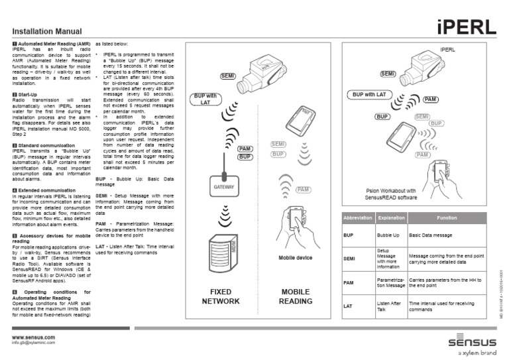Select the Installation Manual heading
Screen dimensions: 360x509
(48, 31)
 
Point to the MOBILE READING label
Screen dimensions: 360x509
(295, 296)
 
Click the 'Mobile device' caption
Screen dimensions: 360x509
(295, 258)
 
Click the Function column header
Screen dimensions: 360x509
(446, 217)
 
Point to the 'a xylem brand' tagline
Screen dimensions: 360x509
(473, 353)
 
